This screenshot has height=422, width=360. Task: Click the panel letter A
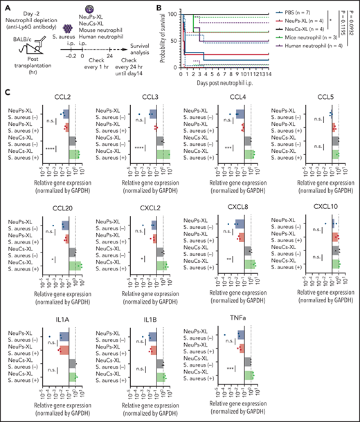[5, 6]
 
